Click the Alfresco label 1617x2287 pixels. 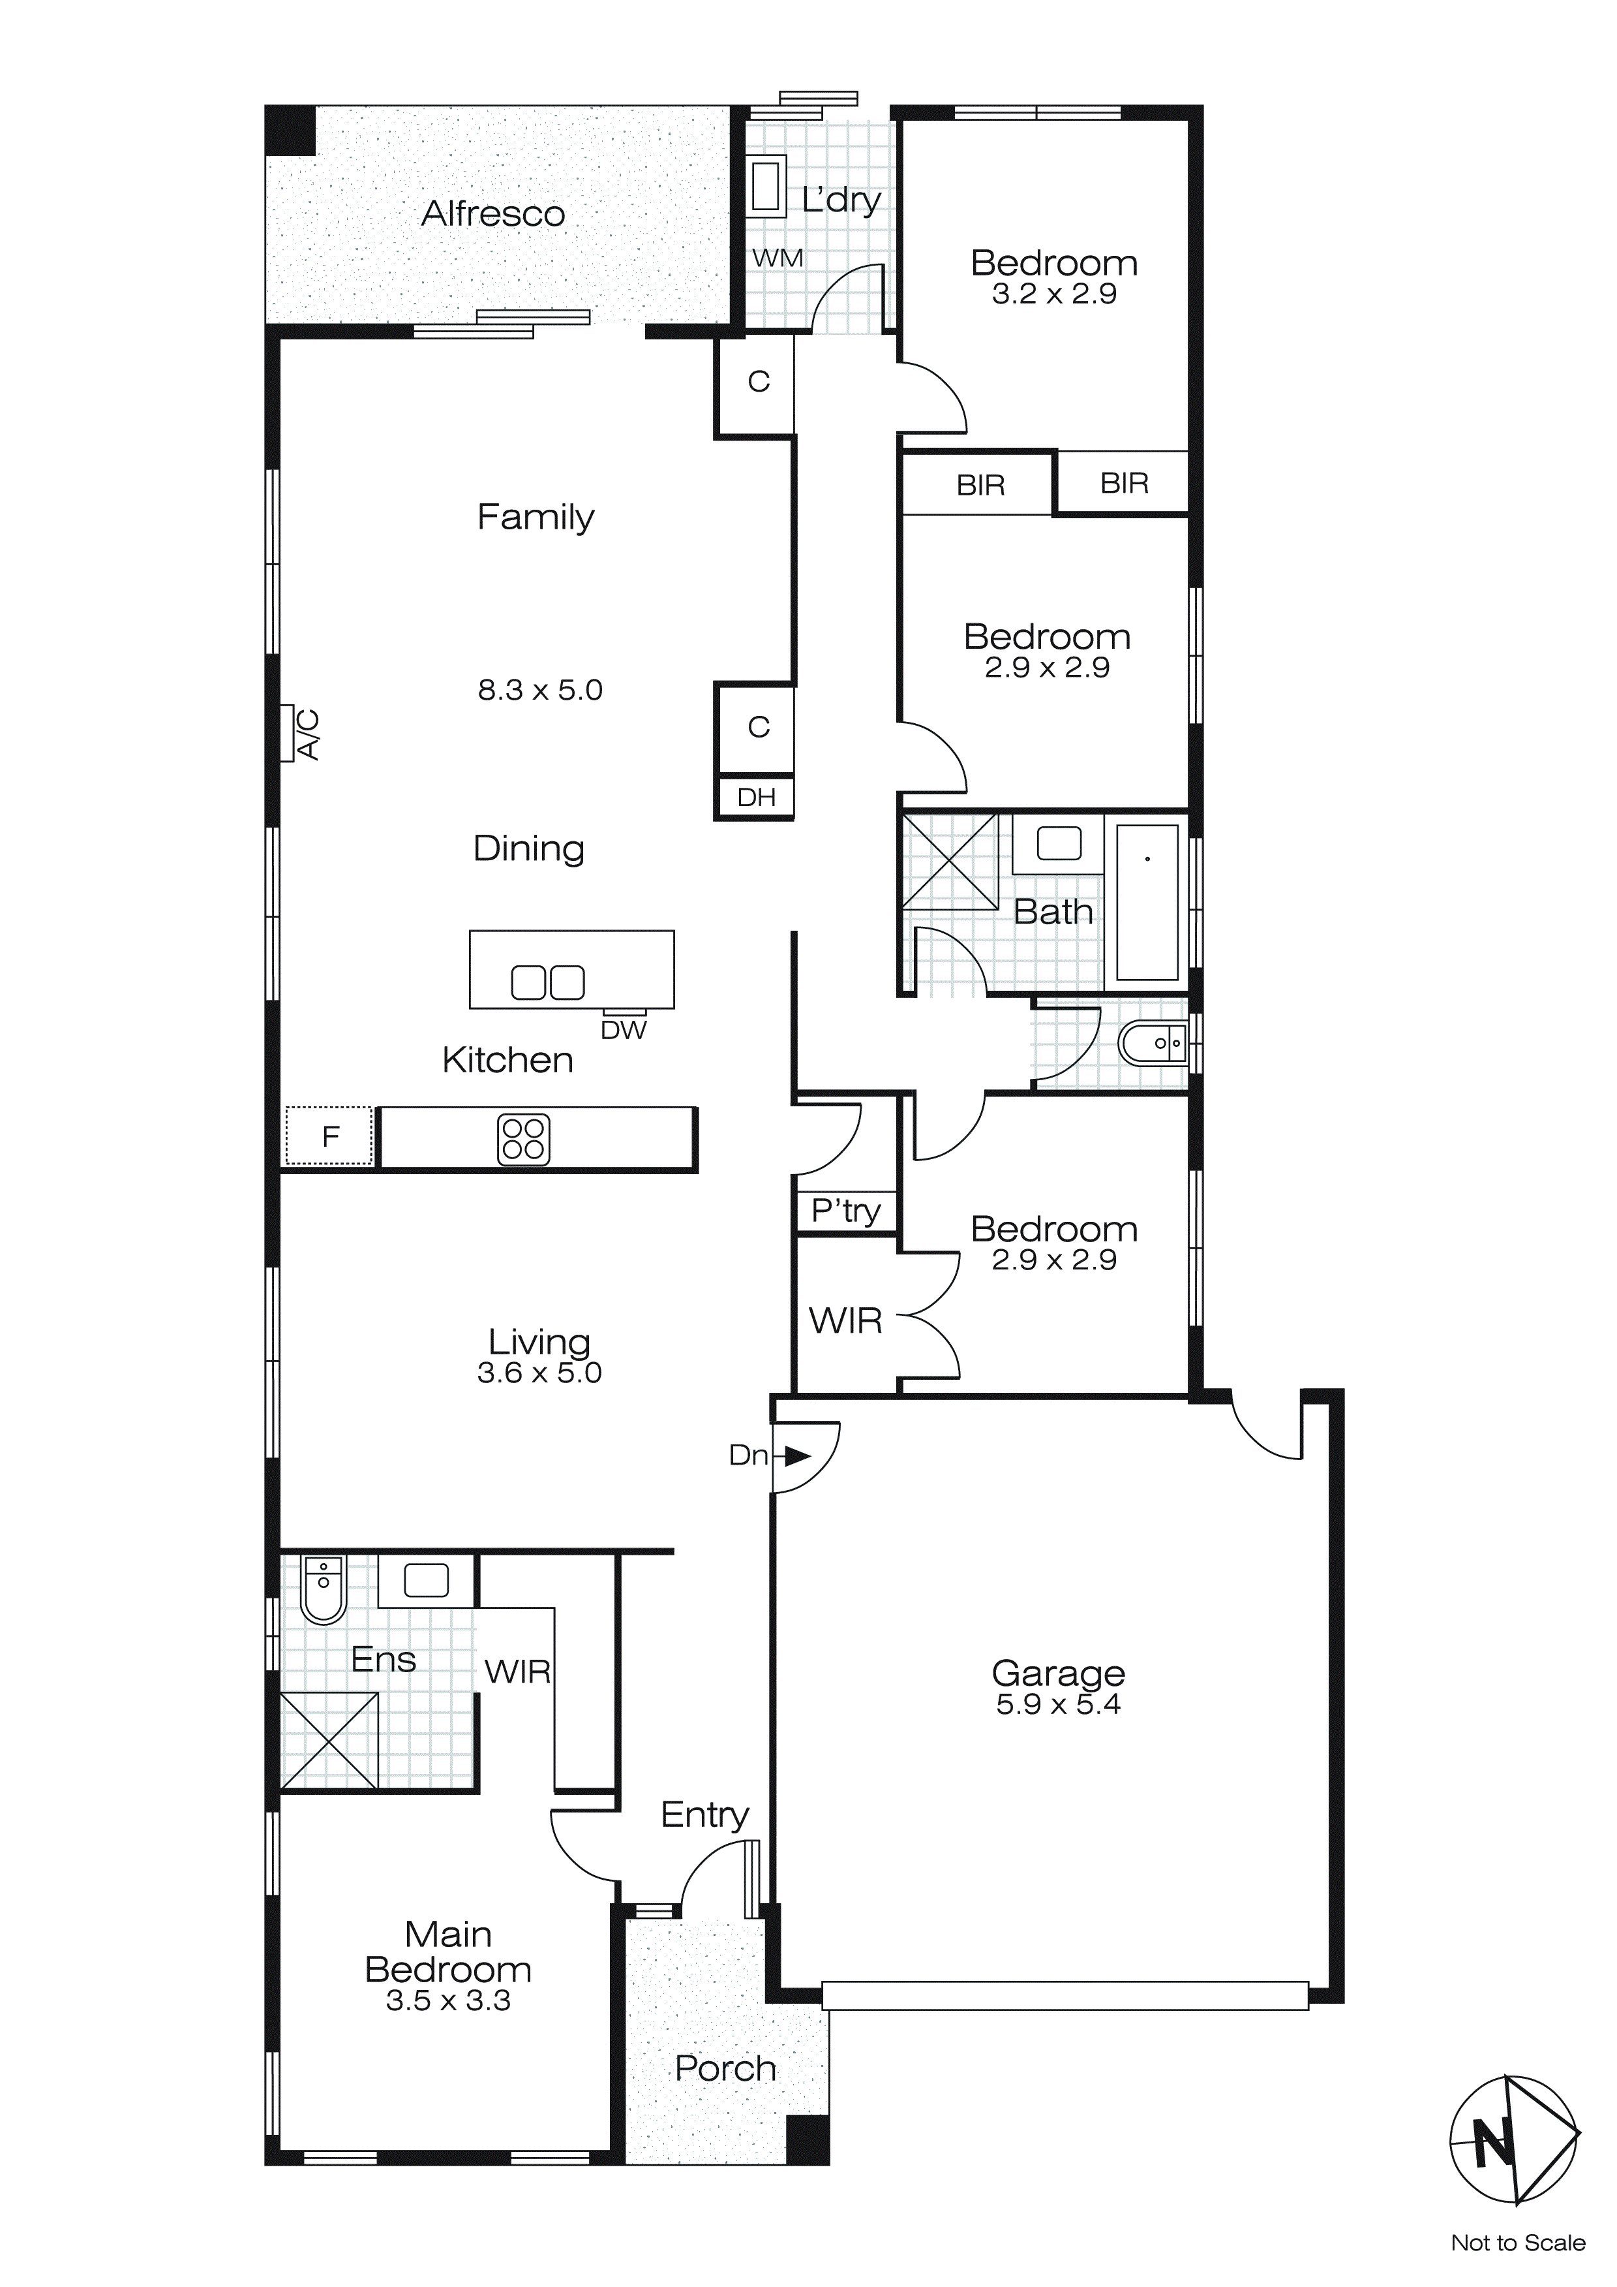[493, 214]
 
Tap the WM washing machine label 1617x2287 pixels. [778, 258]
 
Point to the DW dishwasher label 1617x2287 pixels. [624, 1031]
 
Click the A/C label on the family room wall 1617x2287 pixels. [309, 734]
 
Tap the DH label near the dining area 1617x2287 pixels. [757, 798]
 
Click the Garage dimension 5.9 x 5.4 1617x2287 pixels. [1057, 1704]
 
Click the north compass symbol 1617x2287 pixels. [1513, 2139]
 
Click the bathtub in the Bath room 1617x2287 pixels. [1147, 903]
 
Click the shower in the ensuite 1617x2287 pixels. [329, 1740]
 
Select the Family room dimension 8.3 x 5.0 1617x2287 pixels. [539, 691]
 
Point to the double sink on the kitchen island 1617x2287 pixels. [548, 982]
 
